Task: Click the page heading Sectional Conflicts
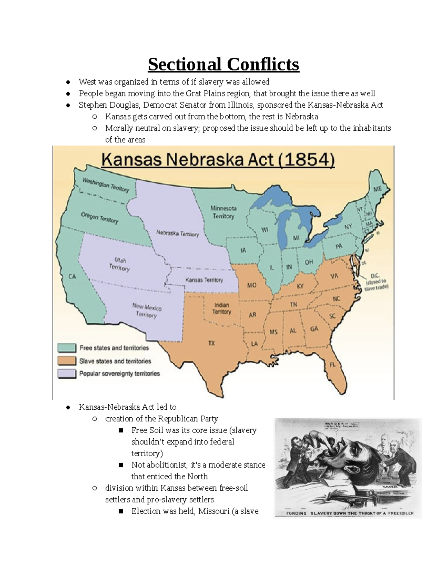pos(223,64)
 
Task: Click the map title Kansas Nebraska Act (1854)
pos(218,161)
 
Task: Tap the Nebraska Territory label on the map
pos(177,234)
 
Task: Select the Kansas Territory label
pos(205,280)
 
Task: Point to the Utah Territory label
pos(120,264)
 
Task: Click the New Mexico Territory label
pos(147,311)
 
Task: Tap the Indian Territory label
pos(222,309)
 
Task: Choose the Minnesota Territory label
pos(223,212)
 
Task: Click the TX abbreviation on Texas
pos(212,343)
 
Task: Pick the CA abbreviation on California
pos(72,277)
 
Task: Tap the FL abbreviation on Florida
pos(332,365)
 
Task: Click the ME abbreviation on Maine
pos(377,189)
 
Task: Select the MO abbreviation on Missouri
pos(252,285)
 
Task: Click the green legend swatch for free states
pos(67,348)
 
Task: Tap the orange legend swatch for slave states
pos(67,361)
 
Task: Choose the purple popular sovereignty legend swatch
pos(67,373)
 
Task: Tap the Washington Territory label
pos(105,185)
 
